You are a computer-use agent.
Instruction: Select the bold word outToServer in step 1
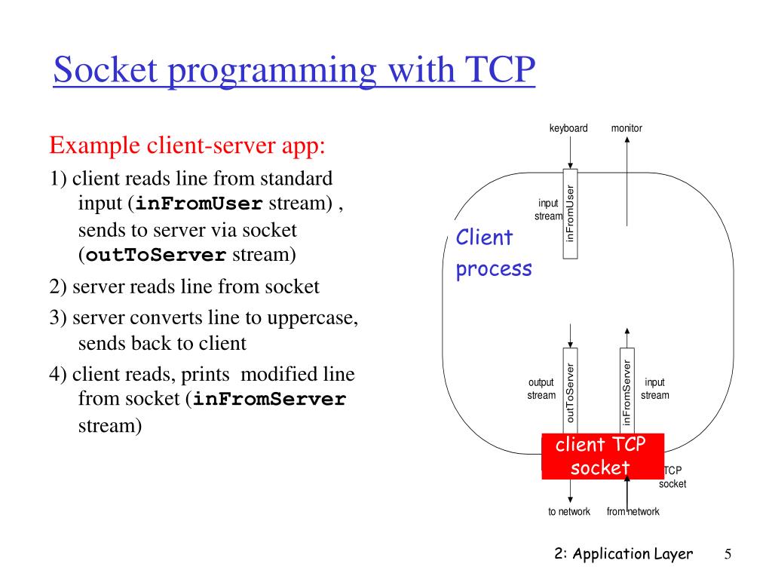[156, 255]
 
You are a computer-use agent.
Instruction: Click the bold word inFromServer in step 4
[269, 400]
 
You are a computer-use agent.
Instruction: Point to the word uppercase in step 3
[315, 317]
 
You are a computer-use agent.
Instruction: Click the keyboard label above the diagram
[568, 128]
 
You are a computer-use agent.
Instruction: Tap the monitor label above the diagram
[626, 128]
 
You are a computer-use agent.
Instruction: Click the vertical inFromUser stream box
[571, 214]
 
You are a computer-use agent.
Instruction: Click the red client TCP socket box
[601, 456]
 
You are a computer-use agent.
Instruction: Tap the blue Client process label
[493, 253]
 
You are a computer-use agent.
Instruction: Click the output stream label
[541, 389]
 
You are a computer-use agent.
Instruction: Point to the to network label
[569, 511]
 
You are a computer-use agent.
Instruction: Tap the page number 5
[728, 554]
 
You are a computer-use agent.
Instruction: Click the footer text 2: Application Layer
[623, 554]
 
